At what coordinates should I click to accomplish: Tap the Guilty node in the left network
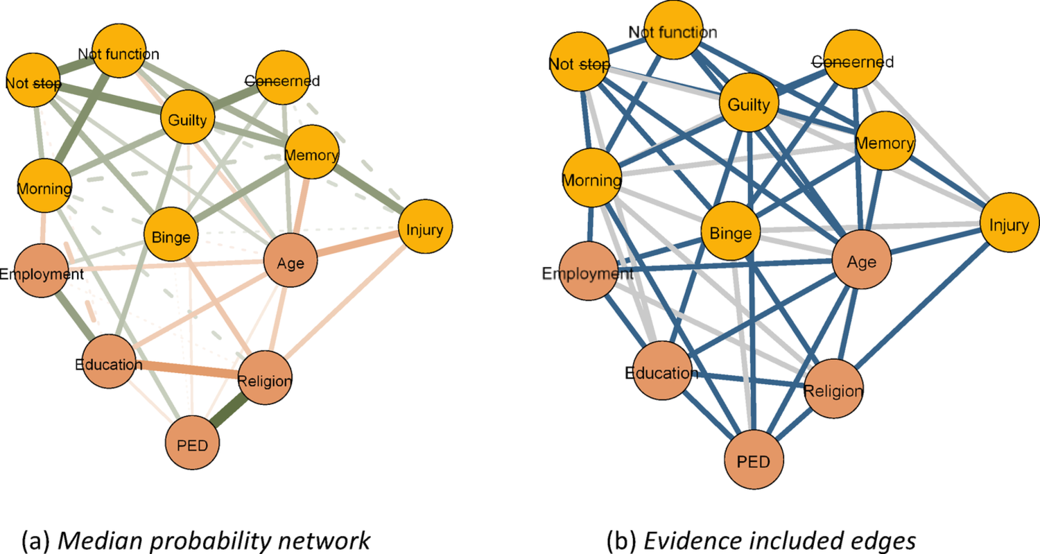click(x=186, y=119)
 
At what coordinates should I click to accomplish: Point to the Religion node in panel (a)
click(x=264, y=379)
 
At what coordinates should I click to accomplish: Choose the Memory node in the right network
click(x=885, y=143)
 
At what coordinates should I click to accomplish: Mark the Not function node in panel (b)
click(x=673, y=31)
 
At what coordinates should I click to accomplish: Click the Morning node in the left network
click(x=44, y=188)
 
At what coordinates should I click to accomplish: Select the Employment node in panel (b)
click(x=589, y=272)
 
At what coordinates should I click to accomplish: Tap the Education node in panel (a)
click(x=110, y=363)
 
